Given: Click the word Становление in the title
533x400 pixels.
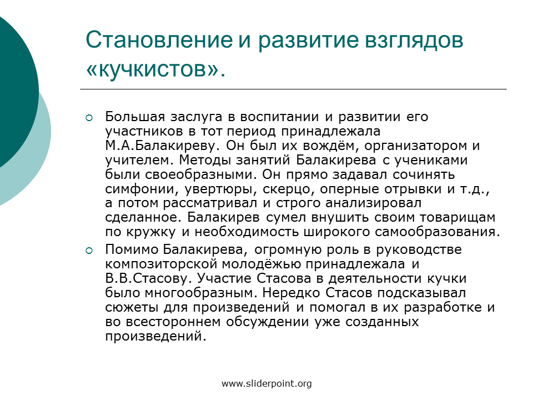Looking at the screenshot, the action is (x=159, y=40).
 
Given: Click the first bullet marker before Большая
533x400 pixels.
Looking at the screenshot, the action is (x=89, y=118).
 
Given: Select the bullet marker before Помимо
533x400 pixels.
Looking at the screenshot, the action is (x=89, y=251).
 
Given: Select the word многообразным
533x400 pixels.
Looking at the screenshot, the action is (x=200, y=293).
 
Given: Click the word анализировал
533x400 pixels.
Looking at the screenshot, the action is (x=373, y=203).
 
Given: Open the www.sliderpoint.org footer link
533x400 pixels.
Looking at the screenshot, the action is (x=266, y=384).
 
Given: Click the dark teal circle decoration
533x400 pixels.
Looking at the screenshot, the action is (x=13, y=92).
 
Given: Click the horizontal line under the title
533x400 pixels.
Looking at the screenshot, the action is (x=293, y=89).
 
